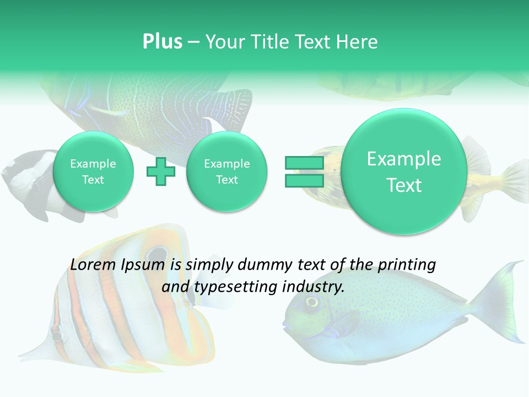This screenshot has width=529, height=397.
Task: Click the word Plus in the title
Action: tap(162, 42)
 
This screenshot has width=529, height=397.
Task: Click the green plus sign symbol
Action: tap(161, 171)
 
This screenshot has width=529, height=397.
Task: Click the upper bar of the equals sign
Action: tap(304, 163)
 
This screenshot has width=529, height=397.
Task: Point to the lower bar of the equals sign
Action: tap(304, 180)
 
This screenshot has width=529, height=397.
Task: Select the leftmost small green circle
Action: tap(93, 171)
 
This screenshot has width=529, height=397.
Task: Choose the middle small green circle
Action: tap(226, 171)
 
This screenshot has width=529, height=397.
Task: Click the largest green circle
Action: tap(404, 171)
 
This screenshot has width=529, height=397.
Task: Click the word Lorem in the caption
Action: tap(90, 265)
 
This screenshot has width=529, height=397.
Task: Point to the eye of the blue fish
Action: tap(312, 301)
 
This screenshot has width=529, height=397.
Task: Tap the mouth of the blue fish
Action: tap(285, 325)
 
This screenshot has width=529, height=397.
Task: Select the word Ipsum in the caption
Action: tap(144, 265)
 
